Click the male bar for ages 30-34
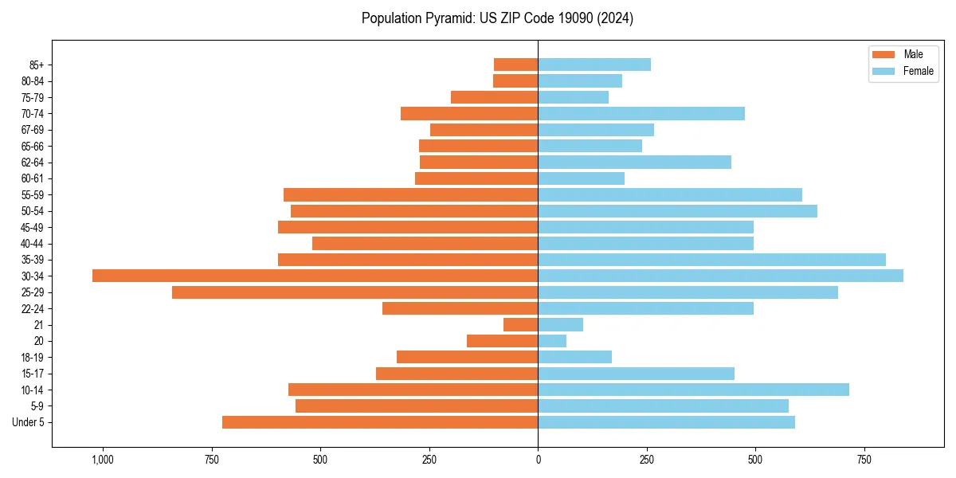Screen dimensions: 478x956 pyautogui.click(x=315, y=276)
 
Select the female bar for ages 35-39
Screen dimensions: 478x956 pyautogui.click(x=711, y=260)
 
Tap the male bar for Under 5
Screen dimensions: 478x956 pyautogui.click(x=380, y=422)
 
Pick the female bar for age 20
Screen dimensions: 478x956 pyautogui.click(x=552, y=341)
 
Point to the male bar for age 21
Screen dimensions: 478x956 pyautogui.click(x=520, y=325)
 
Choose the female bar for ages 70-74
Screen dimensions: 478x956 pyautogui.click(x=641, y=114)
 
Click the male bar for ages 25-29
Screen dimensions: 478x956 pyautogui.click(x=355, y=292)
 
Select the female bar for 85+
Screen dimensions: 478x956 pyautogui.click(x=594, y=65)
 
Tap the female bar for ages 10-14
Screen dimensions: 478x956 pyautogui.click(x=693, y=390)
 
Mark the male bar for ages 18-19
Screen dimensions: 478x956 pyautogui.click(x=467, y=357)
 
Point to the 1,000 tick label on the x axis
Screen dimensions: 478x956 pyautogui.click(x=103, y=460)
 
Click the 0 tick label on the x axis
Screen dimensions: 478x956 pyautogui.click(x=538, y=460)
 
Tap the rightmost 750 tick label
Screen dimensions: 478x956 pyautogui.click(x=864, y=460)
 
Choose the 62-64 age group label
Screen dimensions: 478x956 pyautogui.click(x=33, y=163)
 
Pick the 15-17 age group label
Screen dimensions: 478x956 pyautogui.click(x=33, y=374)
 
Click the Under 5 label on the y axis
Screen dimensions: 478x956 pyautogui.click(x=29, y=422)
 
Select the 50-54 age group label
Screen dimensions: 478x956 pyautogui.click(x=33, y=211)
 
